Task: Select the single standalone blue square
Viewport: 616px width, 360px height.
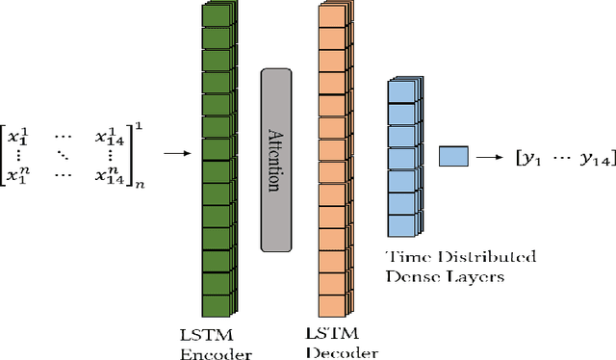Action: (453, 157)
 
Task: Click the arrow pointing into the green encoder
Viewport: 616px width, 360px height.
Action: (177, 152)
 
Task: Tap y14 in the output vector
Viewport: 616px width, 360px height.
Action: (588, 158)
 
